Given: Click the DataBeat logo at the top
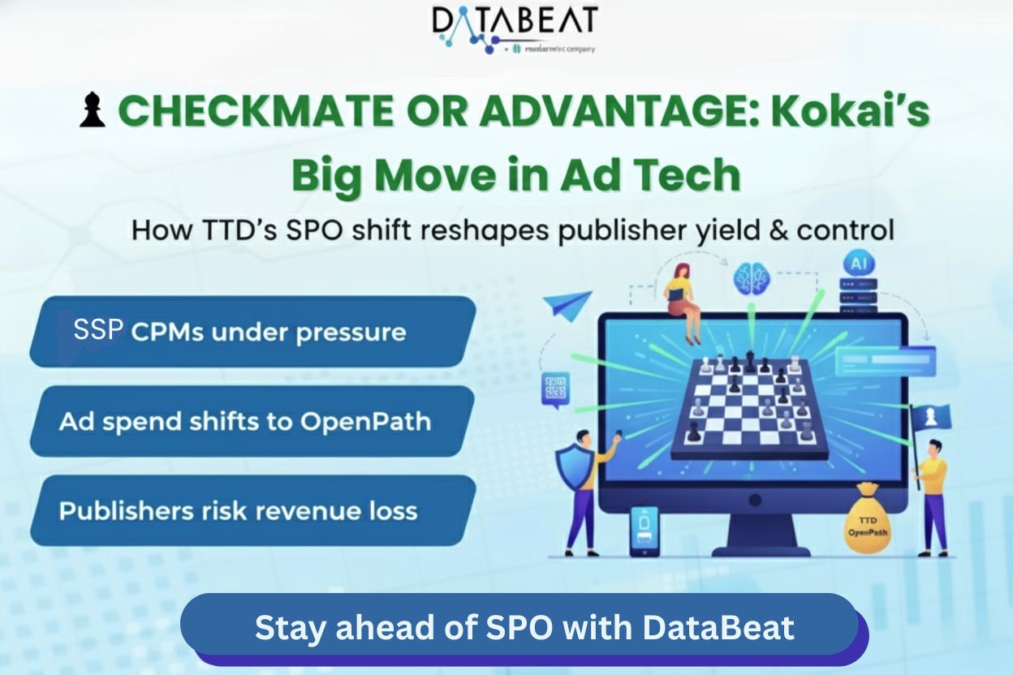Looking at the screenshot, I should pyautogui.click(x=515, y=28).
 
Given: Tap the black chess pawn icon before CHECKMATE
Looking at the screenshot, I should pyautogui.click(x=92, y=112).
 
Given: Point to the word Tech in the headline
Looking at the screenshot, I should pyautogui.click(x=692, y=175).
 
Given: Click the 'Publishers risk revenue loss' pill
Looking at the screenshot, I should pyautogui.click(x=252, y=510).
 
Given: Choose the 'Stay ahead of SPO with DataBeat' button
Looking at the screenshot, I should pyautogui.click(x=524, y=628).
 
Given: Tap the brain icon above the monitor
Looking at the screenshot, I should pyautogui.click(x=751, y=277).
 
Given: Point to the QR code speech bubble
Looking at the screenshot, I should pyautogui.click(x=555, y=389).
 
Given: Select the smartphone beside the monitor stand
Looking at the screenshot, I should pyautogui.click(x=644, y=531).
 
